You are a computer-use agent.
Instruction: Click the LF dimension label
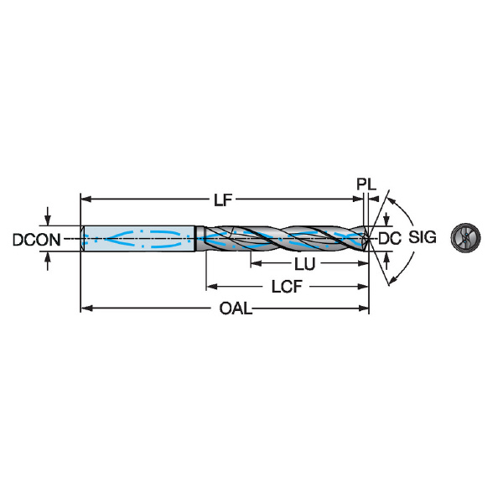(223, 200)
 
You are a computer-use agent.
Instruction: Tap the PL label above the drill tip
(366, 184)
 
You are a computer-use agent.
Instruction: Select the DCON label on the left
(37, 240)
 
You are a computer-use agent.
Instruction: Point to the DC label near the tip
(390, 238)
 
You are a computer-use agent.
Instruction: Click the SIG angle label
(423, 237)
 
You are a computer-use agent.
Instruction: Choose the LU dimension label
(305, 264)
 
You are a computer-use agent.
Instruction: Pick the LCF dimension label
(287, 287)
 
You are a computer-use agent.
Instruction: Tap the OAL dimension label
(236, 309)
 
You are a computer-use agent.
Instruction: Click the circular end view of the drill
(465, 237)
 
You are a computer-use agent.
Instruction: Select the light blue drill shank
(138, 239)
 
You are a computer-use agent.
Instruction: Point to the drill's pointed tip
(369, 239)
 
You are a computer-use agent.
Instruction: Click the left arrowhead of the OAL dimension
(86, 309)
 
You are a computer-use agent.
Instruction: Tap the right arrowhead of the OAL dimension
(363, 309)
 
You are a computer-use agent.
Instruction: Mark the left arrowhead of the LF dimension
(86, 200)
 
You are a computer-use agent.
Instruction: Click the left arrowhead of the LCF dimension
(212, 286)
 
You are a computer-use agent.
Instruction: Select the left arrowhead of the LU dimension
(257, 263)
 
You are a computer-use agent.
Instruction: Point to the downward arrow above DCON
(48, 216)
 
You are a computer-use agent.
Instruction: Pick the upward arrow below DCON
(48, 261)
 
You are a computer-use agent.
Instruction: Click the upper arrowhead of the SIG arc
(392, 201)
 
